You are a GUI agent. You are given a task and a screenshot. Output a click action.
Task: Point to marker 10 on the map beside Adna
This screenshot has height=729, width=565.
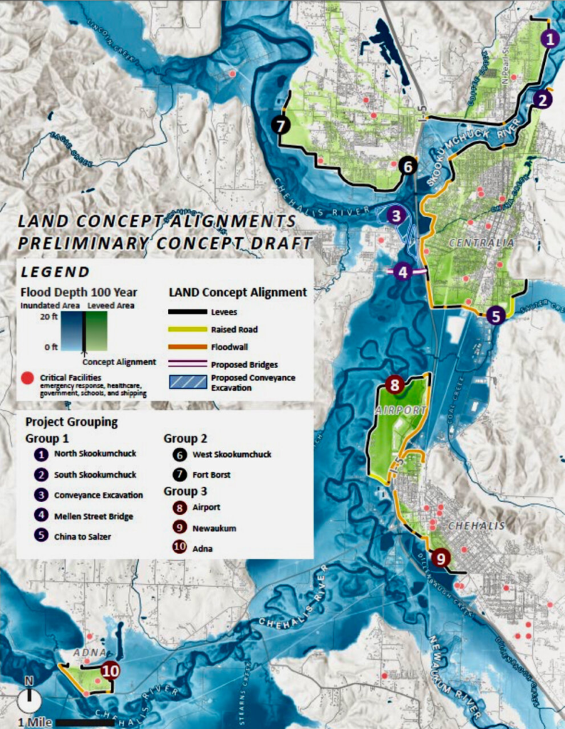[110, 670]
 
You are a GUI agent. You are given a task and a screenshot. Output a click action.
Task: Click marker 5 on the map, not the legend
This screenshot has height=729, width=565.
[497, 315]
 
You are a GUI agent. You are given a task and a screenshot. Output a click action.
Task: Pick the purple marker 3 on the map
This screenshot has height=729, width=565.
[396, 214]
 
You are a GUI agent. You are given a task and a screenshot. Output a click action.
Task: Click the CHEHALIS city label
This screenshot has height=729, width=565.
[476, 525]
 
